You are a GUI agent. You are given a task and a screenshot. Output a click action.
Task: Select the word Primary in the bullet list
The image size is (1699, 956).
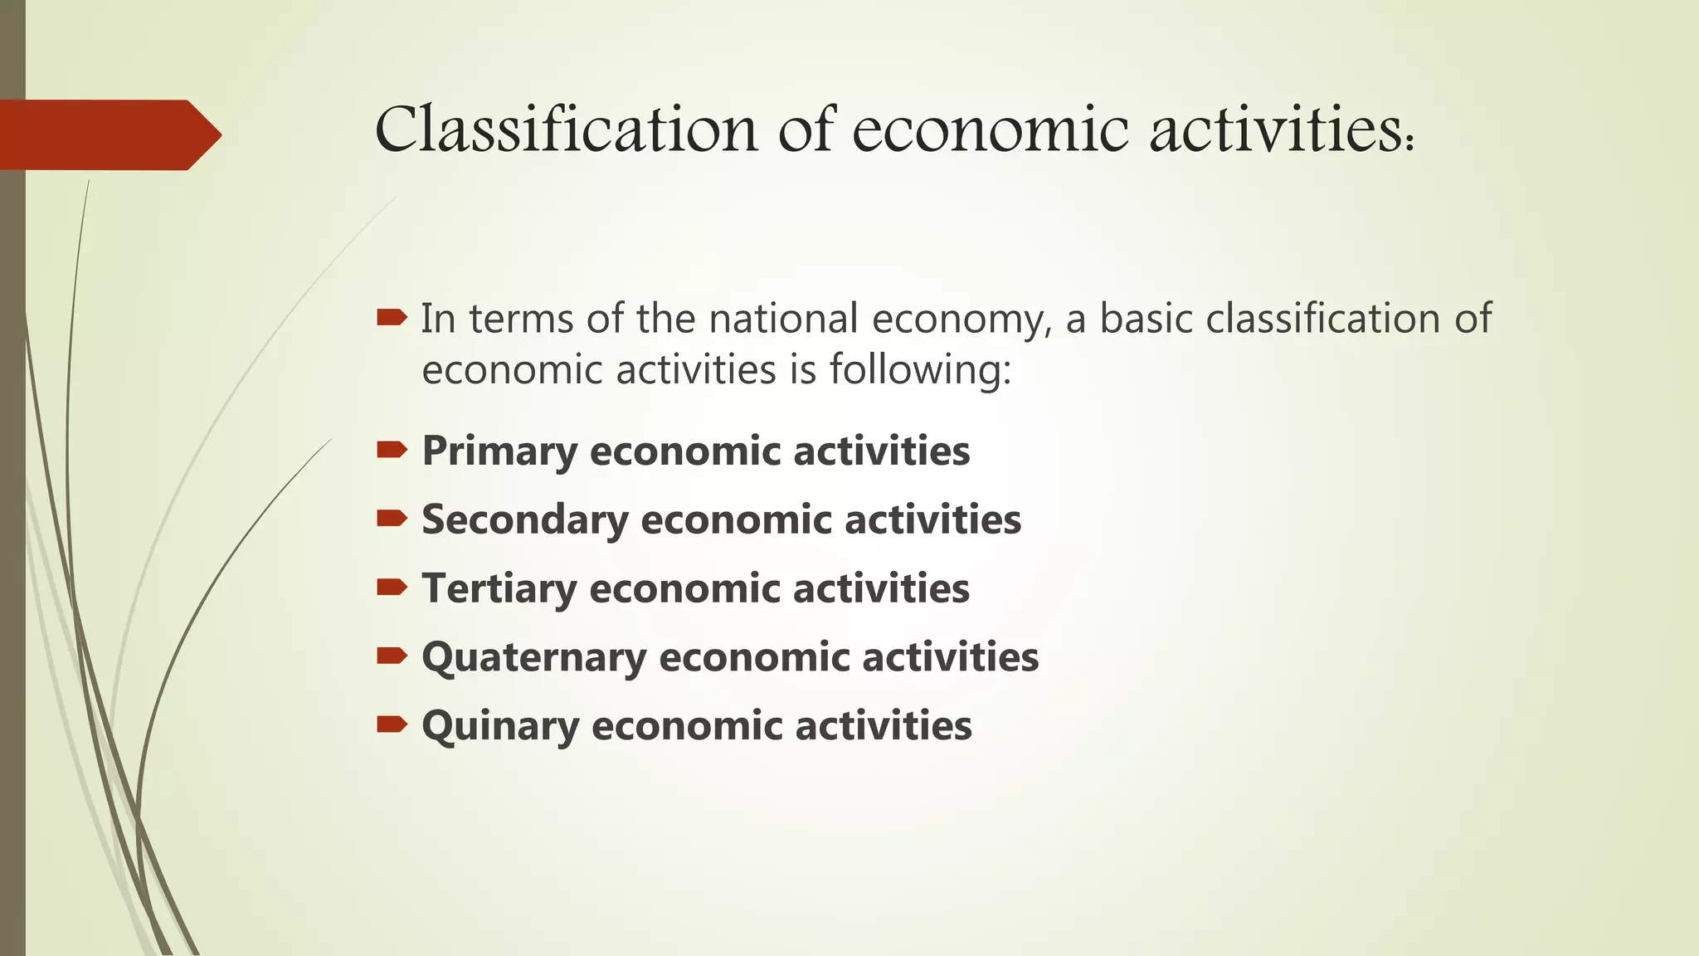coord(499,452)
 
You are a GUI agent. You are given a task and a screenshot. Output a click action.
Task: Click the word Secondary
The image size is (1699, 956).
coord(525,520)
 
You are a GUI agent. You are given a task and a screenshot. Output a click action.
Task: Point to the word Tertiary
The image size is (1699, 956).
coord(499,589)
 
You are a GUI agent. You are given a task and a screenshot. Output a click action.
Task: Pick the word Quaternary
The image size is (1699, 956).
coord(533,658)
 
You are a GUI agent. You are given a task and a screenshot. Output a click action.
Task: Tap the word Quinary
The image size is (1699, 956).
coord(500,727)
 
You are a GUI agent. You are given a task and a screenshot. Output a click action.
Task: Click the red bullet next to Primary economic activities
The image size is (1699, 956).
coord(392,450)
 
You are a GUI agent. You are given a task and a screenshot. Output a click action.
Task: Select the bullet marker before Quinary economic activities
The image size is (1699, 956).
coord(392,724)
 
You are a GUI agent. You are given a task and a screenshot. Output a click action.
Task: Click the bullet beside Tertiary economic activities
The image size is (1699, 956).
coord(392,588)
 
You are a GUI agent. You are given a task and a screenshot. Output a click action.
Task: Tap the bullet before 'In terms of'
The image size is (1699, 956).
coord(392,317)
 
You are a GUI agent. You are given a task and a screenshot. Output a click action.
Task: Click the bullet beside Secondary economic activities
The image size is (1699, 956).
coord(392,519)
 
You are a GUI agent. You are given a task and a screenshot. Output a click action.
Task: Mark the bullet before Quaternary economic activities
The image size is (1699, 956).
coord(392,656)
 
